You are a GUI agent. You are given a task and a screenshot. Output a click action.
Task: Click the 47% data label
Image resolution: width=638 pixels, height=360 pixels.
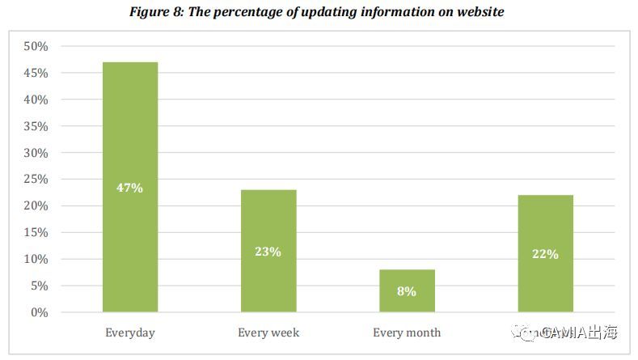tap(130, 188)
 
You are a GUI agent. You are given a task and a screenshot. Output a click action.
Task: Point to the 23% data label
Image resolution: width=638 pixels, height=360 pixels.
tap(268, 252)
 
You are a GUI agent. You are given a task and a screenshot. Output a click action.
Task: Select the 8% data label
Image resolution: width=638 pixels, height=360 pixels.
tap(407, 291)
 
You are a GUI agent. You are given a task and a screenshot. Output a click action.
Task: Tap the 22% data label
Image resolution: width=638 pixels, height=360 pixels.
tap(545, 254)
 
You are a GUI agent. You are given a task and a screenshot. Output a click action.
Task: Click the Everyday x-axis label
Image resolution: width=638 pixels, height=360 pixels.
tap(130, 332)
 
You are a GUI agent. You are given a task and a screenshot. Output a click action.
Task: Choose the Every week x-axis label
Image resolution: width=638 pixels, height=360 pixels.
tap(268, 332)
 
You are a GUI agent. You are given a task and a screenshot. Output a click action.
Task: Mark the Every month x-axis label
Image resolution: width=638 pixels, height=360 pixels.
tap(407, 332)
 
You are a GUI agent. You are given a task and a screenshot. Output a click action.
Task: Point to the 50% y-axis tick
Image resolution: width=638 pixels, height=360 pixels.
tap(36, 47)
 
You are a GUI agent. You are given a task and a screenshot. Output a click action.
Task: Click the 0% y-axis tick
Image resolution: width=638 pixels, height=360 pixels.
tap(39, 312)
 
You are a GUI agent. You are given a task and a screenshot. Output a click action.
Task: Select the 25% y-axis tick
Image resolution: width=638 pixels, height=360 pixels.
tap(36, 180)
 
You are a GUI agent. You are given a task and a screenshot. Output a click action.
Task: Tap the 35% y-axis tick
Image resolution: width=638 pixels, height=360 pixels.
tap(36, 127)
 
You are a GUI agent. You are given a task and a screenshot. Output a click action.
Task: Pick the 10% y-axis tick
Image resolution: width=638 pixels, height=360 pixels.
tap(36, 259)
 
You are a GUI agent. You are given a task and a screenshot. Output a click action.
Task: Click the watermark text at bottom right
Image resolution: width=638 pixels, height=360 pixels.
tap(570, 332)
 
